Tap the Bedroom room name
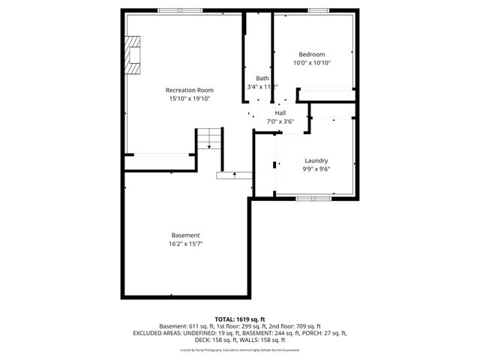(x=311, y=54)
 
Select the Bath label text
(x=262, y=78)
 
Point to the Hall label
(x=280, y=113)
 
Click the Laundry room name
(x=316, y=160)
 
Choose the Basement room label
(x=185, y=235)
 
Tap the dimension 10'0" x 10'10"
(x=311, y=63)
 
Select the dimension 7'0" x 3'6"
(x=280, y=121)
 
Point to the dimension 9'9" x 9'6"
(x=316, y=169)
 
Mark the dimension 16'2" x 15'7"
(x=185, y=244)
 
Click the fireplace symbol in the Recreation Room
(x=133, y=56)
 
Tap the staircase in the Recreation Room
(x=209, y=139)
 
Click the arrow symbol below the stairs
(x=235, y=175)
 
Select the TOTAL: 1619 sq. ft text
(x=240, y=319)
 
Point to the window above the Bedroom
(x=317, y=10)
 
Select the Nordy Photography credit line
(x=240, y=349)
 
